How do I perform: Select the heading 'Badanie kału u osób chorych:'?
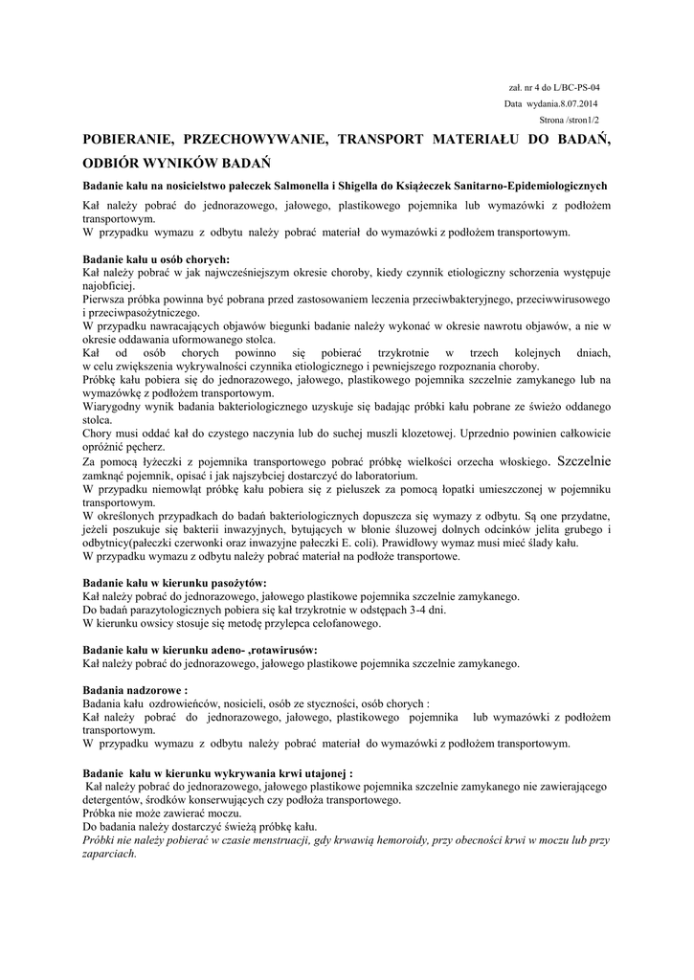(x=156, y=259)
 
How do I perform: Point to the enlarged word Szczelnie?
(x=584, y=460)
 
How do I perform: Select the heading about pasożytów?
(x=175, y=583)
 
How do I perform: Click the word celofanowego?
(x=341, y=623)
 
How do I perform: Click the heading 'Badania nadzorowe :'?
(x=136, y=689)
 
